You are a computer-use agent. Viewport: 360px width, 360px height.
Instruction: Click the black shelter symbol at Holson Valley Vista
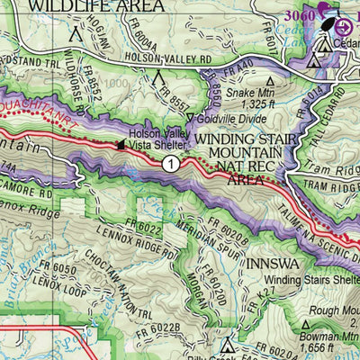coord(121,143)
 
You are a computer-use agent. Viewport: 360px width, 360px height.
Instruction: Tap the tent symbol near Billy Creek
coord(225,342)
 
